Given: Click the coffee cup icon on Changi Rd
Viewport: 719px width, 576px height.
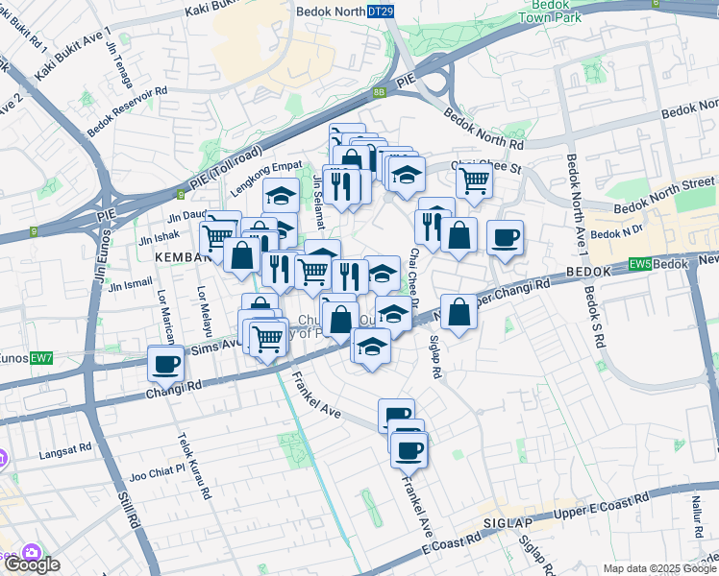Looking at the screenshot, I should point(166,365).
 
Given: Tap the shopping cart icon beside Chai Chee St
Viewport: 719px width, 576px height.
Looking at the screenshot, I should point(474,179).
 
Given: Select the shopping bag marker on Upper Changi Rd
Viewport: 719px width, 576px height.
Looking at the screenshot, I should point(460,311).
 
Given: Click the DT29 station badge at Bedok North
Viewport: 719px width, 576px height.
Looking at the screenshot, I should point(381,11).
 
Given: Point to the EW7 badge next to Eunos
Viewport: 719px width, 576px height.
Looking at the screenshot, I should point(40,357).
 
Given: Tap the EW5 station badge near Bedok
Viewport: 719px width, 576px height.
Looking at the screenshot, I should point(640,263).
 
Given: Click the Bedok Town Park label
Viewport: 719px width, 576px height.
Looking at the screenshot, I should point(553,12).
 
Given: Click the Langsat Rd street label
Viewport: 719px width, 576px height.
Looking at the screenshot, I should point(63,447).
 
